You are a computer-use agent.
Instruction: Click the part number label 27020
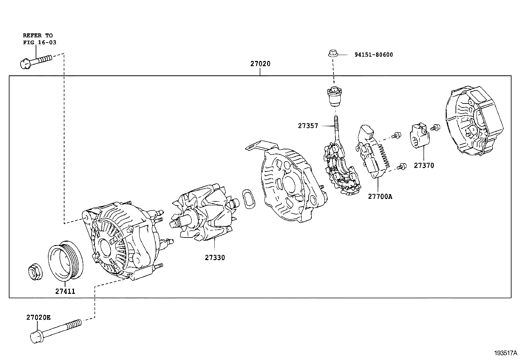point(260,64)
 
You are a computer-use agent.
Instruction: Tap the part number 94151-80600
point(373,55)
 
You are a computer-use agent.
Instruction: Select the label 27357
point(308,126)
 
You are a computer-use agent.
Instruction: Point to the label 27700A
point(380,197)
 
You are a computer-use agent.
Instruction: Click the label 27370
point(424,165)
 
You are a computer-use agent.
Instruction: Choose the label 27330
point(215,257)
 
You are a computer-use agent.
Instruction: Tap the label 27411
point(65,291)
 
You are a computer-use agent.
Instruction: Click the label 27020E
point(38,317)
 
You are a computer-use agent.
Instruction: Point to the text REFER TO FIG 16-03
point(38,39)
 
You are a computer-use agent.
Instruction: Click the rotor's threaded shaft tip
point(173,224)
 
